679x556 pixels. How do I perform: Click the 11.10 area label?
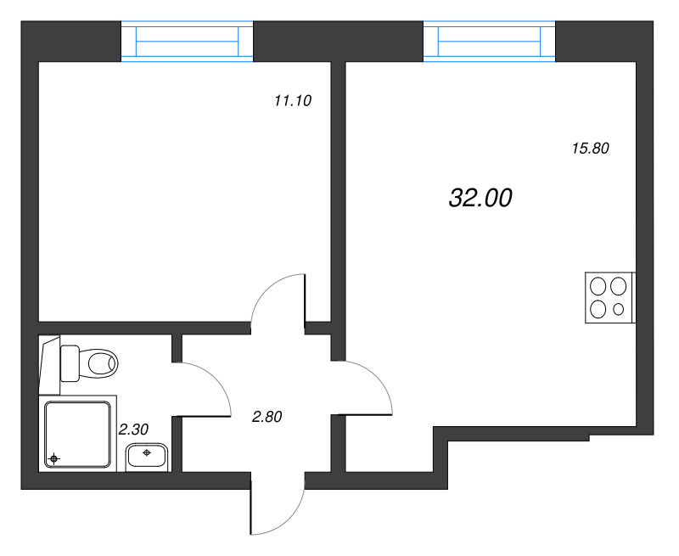coord(293,101)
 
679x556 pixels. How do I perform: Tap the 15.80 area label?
coord(591,149)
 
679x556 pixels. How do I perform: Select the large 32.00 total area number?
coord(480,198)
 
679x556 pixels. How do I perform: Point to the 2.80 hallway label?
coord(267,417)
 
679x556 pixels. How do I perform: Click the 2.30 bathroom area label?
coord(133,430)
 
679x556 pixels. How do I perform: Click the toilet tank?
coord(70,363)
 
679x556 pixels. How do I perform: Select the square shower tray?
coord(78,435)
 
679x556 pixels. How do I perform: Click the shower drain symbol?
coord(53,458)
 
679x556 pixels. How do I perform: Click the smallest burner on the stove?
coord(619,309)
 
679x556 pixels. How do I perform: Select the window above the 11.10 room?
coord(187,42)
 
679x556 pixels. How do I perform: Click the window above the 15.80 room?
coord(490,42)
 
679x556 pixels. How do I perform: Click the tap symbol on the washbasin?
coord(147,452)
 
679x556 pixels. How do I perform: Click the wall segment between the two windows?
coord(338,42)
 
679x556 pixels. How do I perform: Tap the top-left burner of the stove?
coord(598,286)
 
